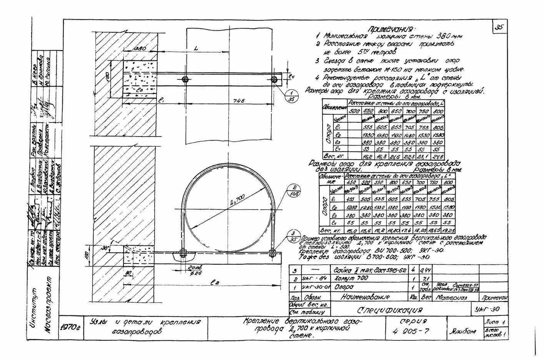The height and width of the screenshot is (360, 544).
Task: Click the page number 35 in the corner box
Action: pyautogui.click(x=499, y=27)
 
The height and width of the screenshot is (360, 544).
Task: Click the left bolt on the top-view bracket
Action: pyautogui.click(x=185, y=80)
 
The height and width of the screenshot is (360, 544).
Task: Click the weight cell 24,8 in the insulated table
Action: pyautogui.click(x=438, y=157)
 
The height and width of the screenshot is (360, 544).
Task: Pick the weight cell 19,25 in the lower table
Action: pyautogui.click(x=448, y=231)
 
